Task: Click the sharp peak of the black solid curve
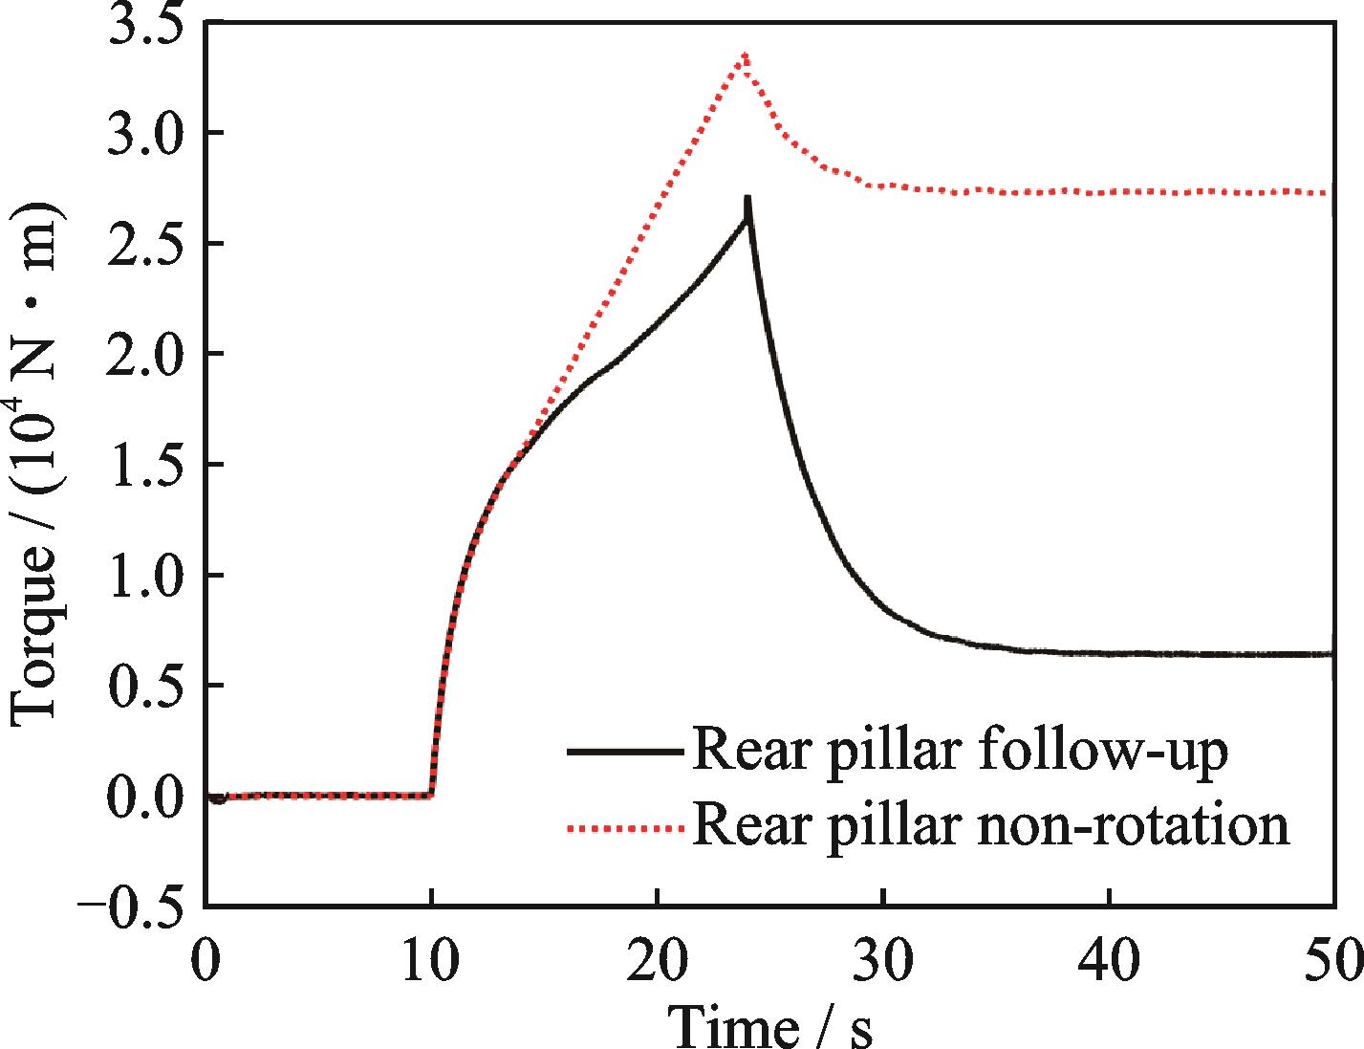pyautogui.click(x=747, y=199)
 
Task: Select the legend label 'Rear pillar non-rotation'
pyautogui.click(x=990, y=824)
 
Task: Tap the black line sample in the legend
pyautogui.click(x=624, y=753)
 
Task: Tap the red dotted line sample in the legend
pyautogui.click(x=624, y=825)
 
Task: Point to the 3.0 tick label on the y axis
pyautogui.click(x=144, y=133)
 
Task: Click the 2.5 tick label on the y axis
pyautogui.click(x=144, y=244)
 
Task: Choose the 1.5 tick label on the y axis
pyautogui.click(x=144, y=465)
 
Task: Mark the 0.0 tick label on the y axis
pyautogui.click(x=144, y=797)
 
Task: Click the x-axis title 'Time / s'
pyautogui.click(x=769, y=1025)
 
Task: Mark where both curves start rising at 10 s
pyautogui.click(x=432, y=794)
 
